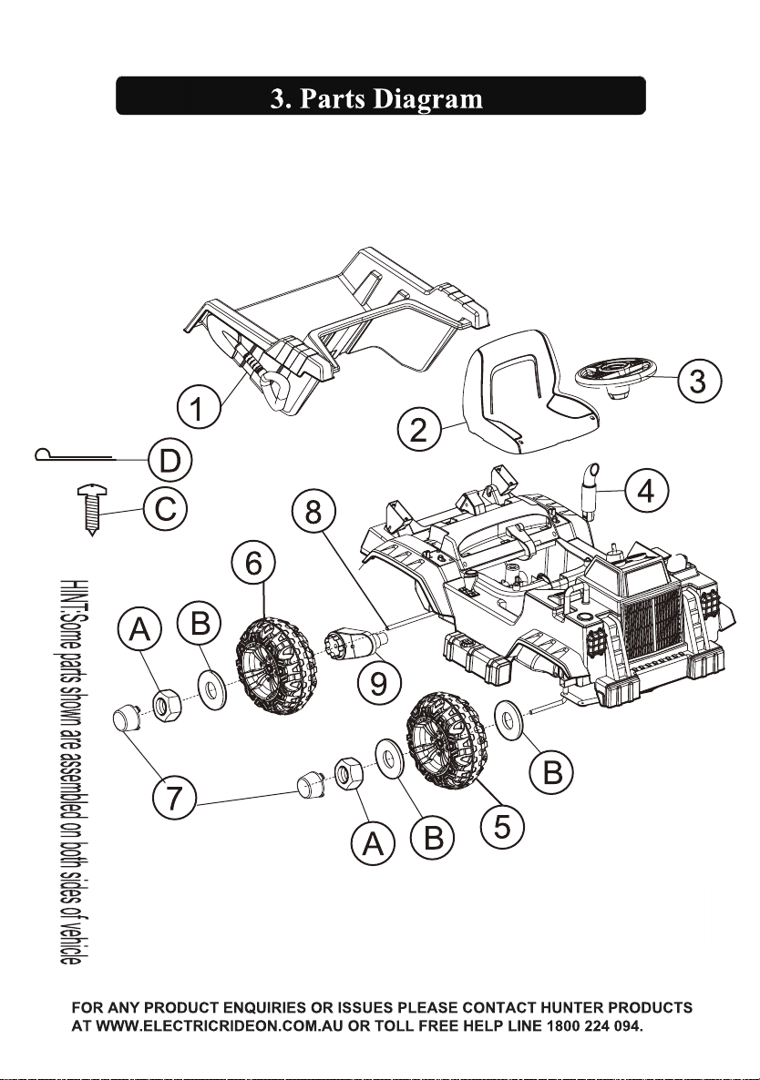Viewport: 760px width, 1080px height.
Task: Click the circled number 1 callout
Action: click(198, 408)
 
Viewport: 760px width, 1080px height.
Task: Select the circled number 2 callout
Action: click(419, 430)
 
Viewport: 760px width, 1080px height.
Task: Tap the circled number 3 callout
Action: click(699, 381)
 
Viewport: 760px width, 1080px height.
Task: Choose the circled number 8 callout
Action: click(313, 514)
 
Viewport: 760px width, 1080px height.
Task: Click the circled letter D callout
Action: click(169, 460)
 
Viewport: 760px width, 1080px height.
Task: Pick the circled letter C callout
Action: click(165, 511)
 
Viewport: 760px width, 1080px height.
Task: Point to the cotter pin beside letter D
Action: click(75, 455)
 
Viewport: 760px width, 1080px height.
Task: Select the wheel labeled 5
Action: click(447, 740)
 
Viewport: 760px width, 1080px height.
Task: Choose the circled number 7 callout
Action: click(175, 798)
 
